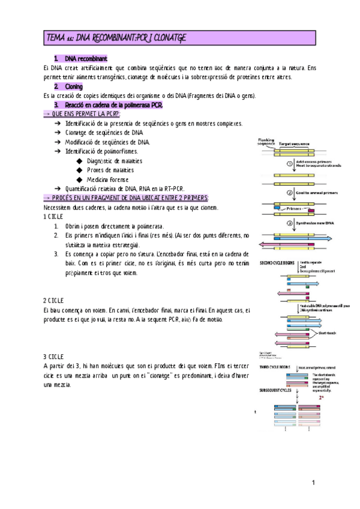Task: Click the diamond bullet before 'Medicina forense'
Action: tap(80, 179)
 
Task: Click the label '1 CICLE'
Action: tap(53, 216)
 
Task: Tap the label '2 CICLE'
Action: tap(53, 300)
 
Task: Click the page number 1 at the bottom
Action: tap(313, 483)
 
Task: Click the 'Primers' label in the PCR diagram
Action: tap(295, 208)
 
